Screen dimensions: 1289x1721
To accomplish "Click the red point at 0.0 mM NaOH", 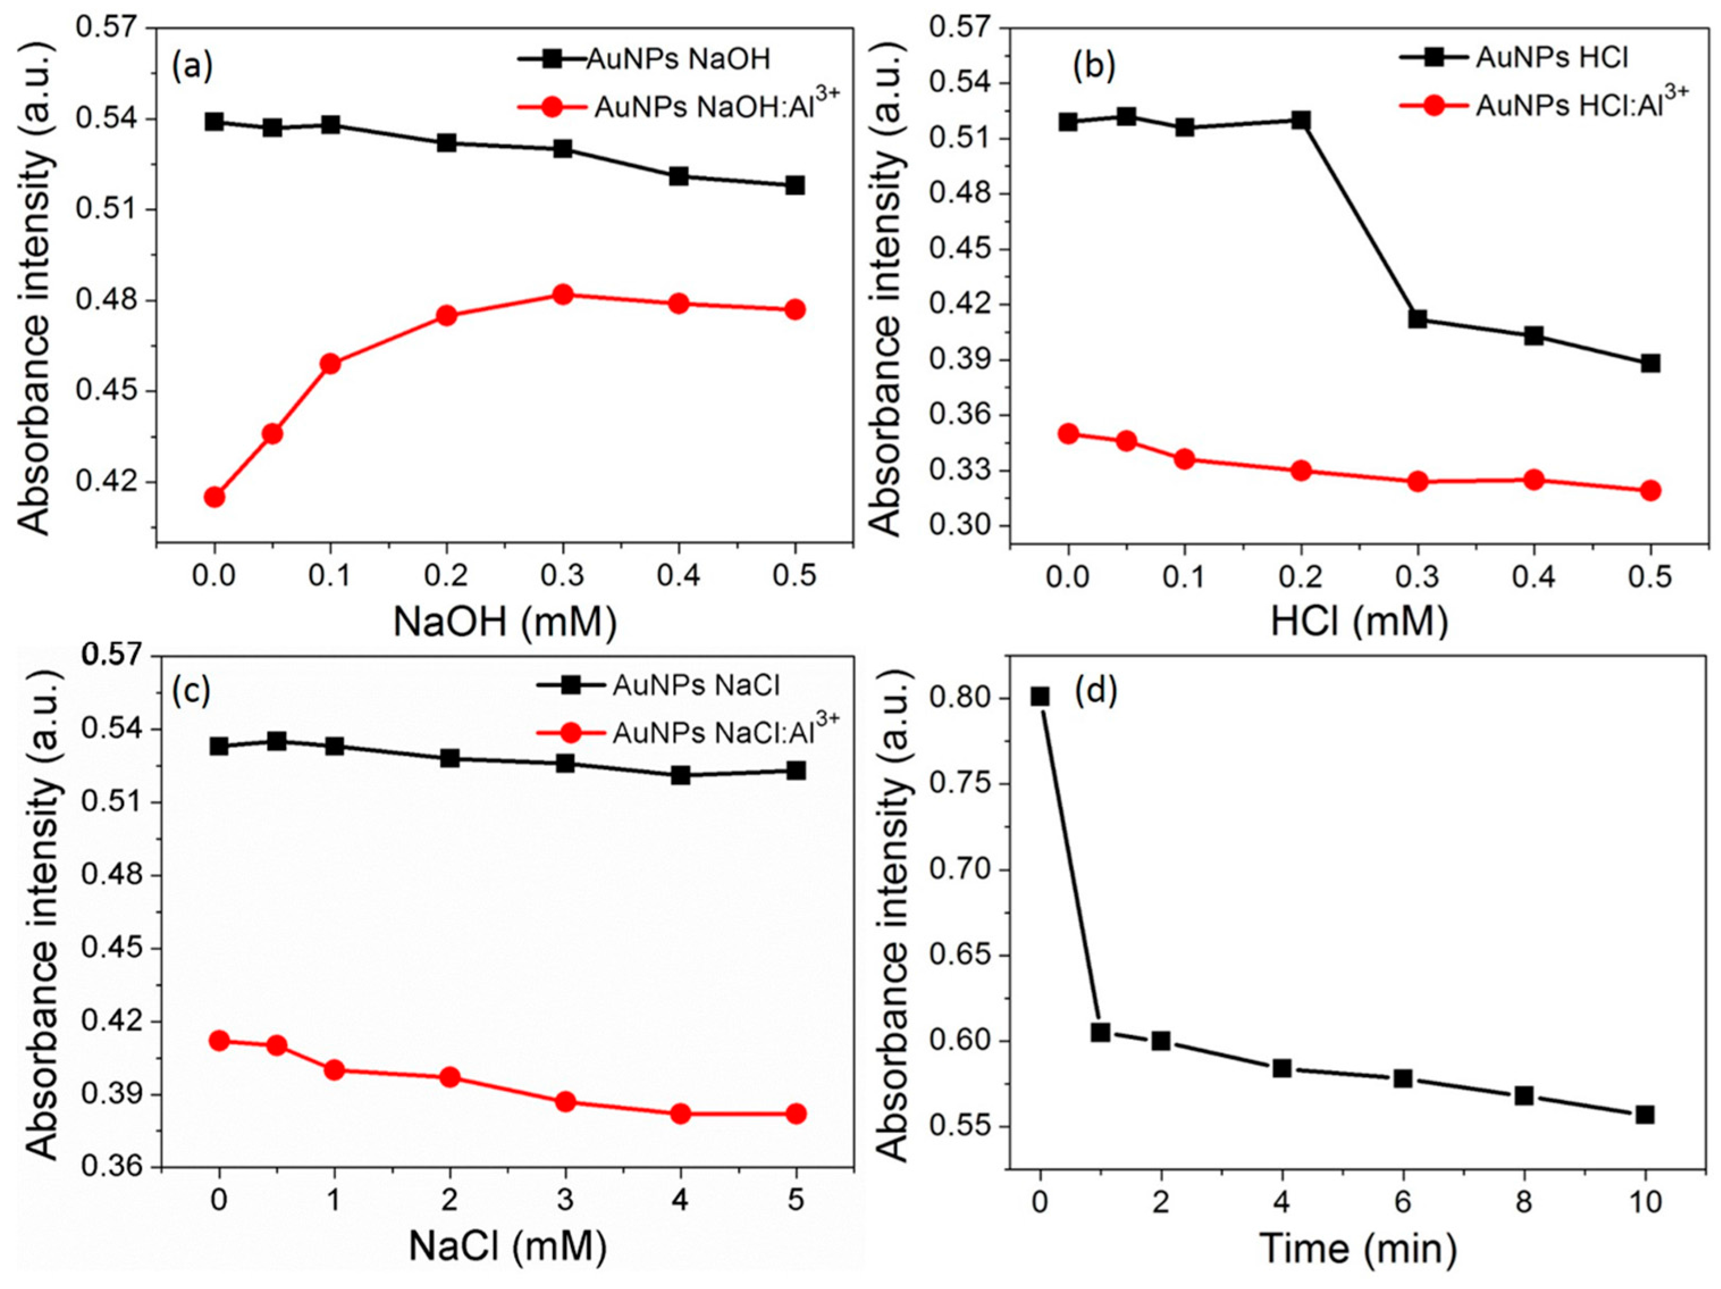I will click(214, 497).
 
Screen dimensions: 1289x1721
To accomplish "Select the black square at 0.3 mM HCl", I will click(1417, 319).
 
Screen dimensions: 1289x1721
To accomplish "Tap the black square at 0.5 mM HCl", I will click(1650, 363).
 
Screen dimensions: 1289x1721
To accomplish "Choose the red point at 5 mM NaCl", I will click(795, 1114).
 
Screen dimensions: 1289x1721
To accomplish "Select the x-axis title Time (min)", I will click(1358, 1249).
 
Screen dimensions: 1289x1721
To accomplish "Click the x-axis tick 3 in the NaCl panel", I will click(566, 1201).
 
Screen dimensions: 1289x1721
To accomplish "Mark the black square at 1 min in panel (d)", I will click(1100, 1033).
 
